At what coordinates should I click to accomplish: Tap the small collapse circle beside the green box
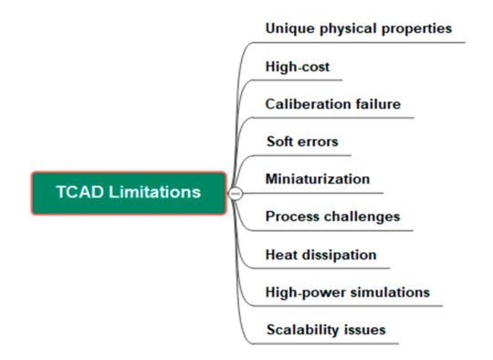tap(235, 194)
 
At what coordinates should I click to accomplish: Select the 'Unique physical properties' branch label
tap(358, 28)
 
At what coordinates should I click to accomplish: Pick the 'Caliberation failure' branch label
tap(332, 104)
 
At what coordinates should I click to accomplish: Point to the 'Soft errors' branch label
tap(302, 142)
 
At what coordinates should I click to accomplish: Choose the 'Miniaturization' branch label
tap(317, 179)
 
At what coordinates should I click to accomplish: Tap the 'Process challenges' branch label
tap(332, 217)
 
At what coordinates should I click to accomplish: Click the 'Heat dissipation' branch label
tap(320, 254)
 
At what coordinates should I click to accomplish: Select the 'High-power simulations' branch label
tap(347, 291)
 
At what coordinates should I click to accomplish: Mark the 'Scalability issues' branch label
tap(325, 329)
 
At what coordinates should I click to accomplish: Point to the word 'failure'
tap(375, 104)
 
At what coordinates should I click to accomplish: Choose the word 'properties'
tap(416, 28)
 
